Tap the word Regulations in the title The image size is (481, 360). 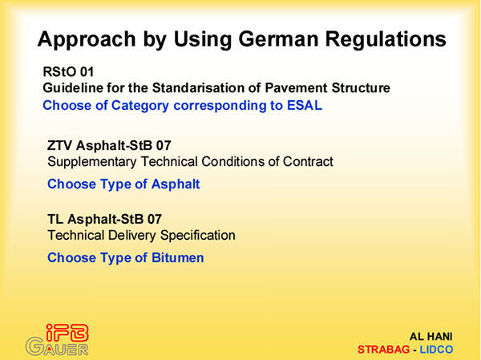click(x=386, y=40)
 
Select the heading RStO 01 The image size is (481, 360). click(x=68, y=72)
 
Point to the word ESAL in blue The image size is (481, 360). click(x=305, y=105)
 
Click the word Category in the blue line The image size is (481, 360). click(x=140, y=106)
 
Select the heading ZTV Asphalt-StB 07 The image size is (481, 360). click(x=109, y=145)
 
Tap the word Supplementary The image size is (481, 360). click(x=92, y=162)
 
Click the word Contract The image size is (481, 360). click(x=308, y=161)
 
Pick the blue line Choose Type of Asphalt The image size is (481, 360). click(x=123, y=184)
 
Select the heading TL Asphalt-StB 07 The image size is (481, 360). click(x=104, y=219)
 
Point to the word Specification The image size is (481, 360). click(x=198, y=236)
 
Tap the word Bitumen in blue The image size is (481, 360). click(x=178, y=257)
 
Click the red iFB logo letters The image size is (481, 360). click(x=67, y=333)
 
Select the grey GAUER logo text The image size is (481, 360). click(x=58, y=346)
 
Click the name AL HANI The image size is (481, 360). click(x=430, y=337)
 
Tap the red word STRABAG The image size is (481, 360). click(x=383, y=350)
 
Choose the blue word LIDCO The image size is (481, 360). click(x=436, y=350)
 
